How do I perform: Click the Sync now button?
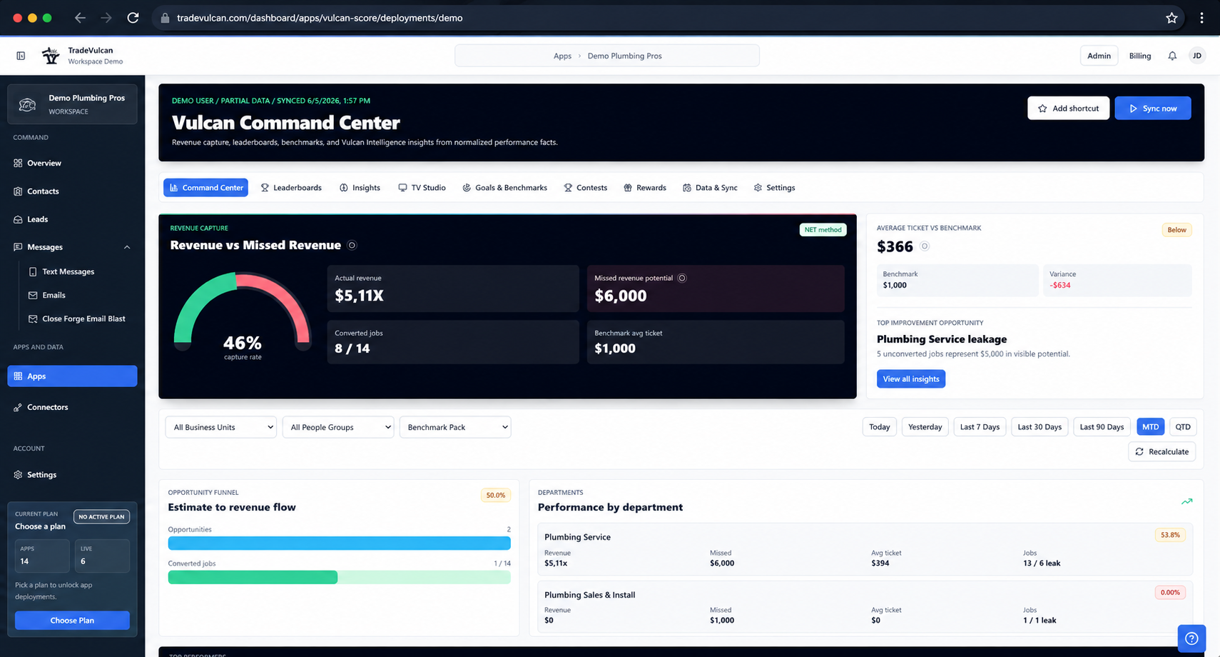(x=1152, y=108)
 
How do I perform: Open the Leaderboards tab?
(x=291, y=188)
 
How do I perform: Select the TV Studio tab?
(x=422, y=188)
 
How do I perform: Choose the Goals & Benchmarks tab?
(x=505, y=188)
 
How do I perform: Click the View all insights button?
(x=910, y=379)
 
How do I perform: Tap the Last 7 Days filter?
(x=980, y=427)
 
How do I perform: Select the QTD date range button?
(x=1182, y=427)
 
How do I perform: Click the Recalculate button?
(x=1161, y=451)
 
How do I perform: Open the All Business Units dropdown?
(x=220, y=427)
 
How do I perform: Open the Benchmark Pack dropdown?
(x=455, y=427)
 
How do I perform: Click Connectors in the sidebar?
(x=47, y=407)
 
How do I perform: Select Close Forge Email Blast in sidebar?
(x=83, y=319)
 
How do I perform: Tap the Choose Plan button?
(x=72, y=621)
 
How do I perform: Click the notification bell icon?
(x=1172, y=56)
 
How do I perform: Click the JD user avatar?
(x=1197, y=56)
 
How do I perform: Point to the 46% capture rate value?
(x=243, y=343)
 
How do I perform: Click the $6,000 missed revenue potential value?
(x=621, y=296)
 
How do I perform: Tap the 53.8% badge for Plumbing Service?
(x=1170, y=535)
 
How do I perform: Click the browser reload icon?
(x=133, y=18)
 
